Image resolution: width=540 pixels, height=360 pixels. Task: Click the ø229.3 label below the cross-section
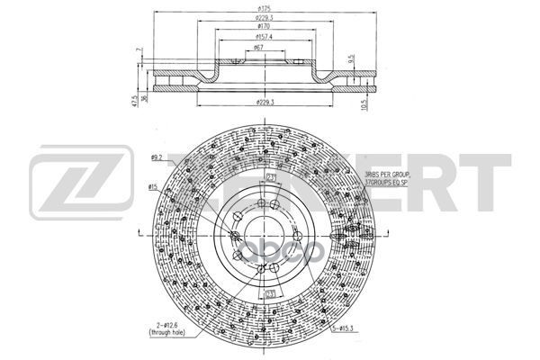(x=264, y=103)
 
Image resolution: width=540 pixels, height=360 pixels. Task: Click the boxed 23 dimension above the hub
(x=271, y=177)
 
